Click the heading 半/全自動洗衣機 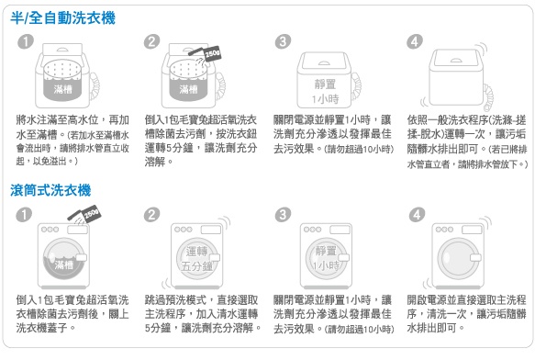click(x=62, y=18)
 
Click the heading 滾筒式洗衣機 click(x=50, y=190)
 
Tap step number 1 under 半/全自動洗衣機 click(x=26, y=41)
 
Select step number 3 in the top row click(x=283, y=41)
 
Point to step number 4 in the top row click(x=414, y=41)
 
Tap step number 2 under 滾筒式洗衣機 click(x=151, y=215)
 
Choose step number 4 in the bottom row click(x=417, y=215)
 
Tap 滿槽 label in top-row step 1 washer click(x=62, y=89)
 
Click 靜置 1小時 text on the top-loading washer click(x=325, y=91)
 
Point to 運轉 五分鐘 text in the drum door click(x=197, y=259)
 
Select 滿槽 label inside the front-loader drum click(x=64, y=264)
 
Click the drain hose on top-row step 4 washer click(x=488, y=96)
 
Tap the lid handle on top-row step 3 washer click(x=324, y=62)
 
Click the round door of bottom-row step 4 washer click(x=458, y=258)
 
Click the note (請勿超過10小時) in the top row click(x=358, y=149)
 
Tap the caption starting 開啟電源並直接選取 click(x=466, y=314)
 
